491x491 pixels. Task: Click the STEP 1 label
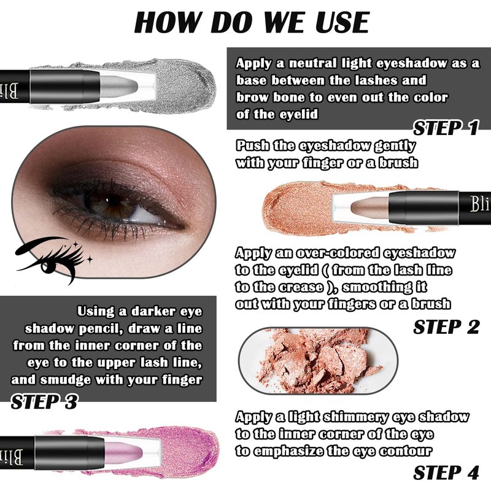(446, 128)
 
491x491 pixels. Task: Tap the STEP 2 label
(446, 327)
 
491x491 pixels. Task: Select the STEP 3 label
(44, 402)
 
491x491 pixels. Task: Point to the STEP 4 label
(446, 473)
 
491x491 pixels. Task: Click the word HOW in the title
(166, 22)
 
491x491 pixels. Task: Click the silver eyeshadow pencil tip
(119, 86)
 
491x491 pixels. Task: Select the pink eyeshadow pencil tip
(123, 453)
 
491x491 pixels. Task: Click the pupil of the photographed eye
(114, 204)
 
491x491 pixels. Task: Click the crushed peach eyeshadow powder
(316, 360)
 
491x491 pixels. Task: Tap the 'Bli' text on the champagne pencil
(480, 204)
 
